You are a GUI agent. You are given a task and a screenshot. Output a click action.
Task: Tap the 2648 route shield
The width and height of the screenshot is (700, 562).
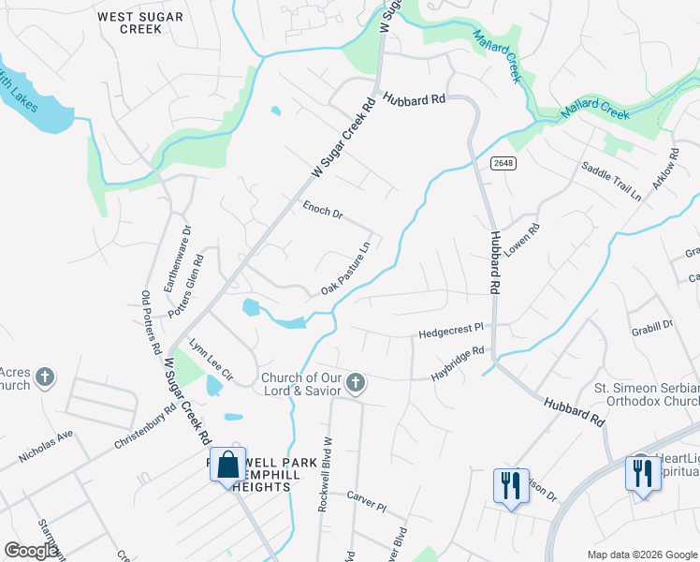pyautogui.click(x=503, y=163)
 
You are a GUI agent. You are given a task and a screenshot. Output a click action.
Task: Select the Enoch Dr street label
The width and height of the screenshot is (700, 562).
pyautogui.click(x=323, y=210)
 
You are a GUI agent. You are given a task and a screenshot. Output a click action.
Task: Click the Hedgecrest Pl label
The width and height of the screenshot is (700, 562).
pyautogui.click(x=450, y=332)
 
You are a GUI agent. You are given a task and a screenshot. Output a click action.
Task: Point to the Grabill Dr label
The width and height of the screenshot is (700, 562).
pyautogui.click(x=653, y=325)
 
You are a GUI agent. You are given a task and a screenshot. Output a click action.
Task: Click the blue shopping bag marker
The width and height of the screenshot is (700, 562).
pyautogui.click(x=227, y=464)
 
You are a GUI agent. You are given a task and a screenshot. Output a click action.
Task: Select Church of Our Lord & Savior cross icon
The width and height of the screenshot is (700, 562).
pyautogui.click(x=355, y=381)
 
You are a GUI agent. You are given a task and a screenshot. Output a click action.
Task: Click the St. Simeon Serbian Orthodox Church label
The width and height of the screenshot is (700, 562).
pyautogui.click(x=647, y=395)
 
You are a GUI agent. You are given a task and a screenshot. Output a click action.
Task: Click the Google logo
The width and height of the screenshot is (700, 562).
pyautogui.click(x=31, y=550)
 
